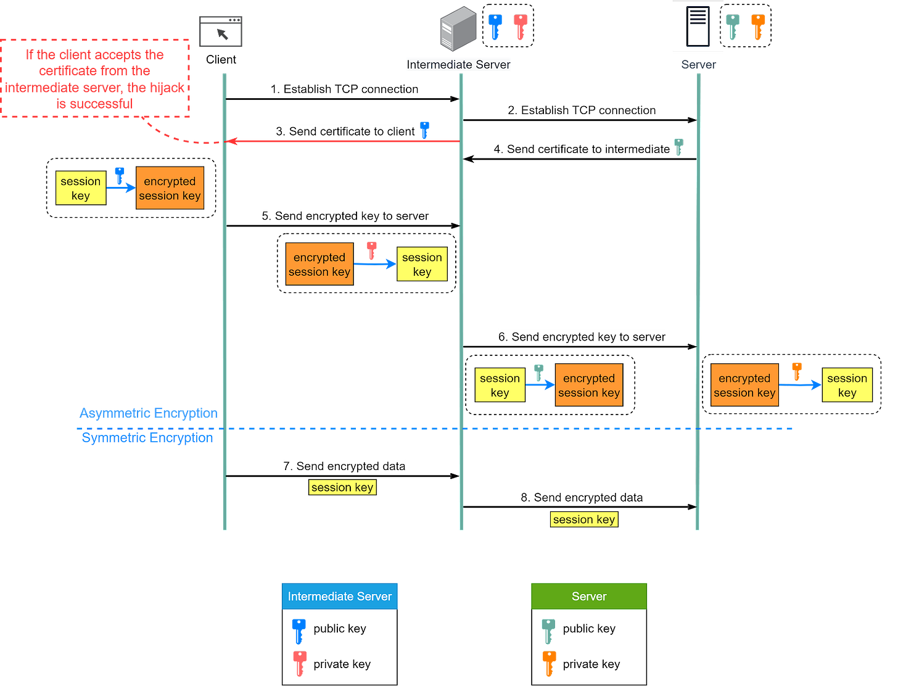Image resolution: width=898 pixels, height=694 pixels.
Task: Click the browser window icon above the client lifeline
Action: pos(221,31)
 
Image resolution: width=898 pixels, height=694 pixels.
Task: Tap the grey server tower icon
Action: pos(458,29)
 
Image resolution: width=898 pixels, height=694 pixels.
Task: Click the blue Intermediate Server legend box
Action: pos(339,596)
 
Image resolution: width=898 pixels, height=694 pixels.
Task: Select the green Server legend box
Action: pos(589,596)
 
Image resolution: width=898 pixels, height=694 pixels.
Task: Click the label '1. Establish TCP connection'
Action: pos(345,89)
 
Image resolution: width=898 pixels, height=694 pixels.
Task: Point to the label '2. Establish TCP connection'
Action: pos(582,110)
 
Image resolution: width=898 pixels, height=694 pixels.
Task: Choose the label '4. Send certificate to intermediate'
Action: pos(582,149)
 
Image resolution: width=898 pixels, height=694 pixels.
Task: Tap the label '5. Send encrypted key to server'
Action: pos(345,216)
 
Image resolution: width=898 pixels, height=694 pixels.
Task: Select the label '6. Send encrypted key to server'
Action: pos(582,337)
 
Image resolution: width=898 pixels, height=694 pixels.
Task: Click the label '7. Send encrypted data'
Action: pos(344,466)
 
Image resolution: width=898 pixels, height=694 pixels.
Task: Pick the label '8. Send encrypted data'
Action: pos(582,498)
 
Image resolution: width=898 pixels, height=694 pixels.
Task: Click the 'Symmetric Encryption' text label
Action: pos(147,438)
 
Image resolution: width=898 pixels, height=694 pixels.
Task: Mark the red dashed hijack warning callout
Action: pos(96,79)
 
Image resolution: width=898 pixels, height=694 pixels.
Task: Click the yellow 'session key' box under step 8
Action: pos(583,519)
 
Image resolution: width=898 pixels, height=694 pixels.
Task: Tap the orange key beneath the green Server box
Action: pos(550,663)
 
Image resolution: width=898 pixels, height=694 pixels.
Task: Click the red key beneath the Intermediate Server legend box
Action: pos(300,663)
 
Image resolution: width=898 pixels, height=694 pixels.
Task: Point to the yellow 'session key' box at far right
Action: pos(847,386)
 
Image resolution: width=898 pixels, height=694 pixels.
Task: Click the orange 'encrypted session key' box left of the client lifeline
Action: pos(170,188)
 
